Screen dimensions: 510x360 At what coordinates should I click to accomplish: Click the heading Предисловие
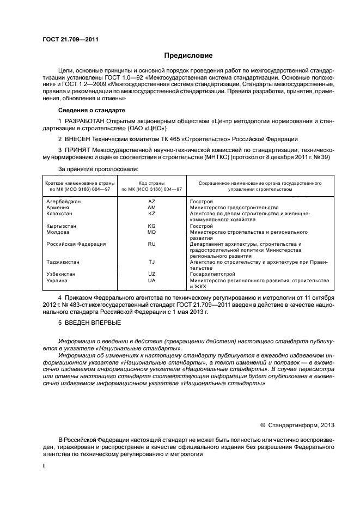click(188, 56)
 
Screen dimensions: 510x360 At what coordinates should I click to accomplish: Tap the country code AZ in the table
click(152, 202)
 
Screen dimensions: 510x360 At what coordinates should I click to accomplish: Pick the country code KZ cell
click(152, 214)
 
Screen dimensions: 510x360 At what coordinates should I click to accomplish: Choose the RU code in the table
click(152, 244)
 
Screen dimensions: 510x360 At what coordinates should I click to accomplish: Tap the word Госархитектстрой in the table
click(214, 274)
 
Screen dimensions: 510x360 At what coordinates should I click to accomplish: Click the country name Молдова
click(58, 232)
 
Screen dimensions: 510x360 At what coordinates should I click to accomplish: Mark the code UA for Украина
click(152, 280)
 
